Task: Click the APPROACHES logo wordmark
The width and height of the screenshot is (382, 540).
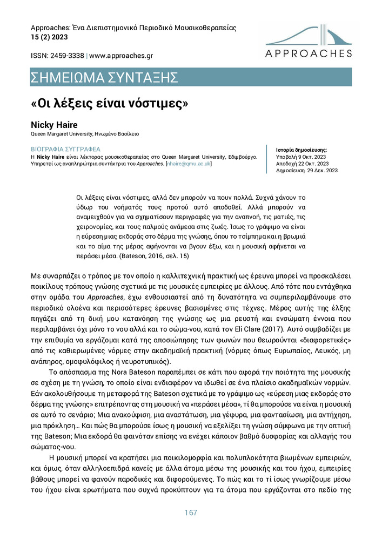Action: coord(309,53)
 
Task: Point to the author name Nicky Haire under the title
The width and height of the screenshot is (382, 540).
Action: coord(54,125)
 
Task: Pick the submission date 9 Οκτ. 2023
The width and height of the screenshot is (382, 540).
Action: coord(311,157)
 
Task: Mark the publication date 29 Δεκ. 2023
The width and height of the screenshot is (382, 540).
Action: coord(319,171)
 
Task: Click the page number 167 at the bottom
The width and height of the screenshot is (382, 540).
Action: coord(191,512)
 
